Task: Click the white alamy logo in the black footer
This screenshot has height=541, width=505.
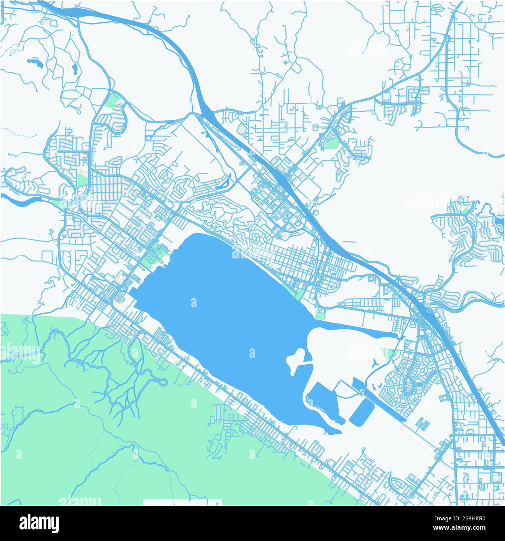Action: (x=38, y=523)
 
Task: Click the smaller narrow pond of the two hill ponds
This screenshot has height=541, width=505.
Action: (x=75, y=69)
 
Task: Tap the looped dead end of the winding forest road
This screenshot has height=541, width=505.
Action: (x=164, y=383)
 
